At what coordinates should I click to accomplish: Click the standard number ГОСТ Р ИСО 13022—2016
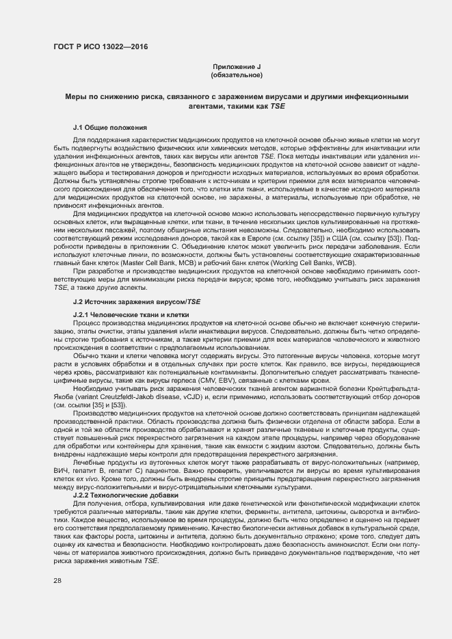click(100, 47)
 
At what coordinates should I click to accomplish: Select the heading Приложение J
click(237, 66)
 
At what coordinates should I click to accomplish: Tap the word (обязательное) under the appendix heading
click(237, 74)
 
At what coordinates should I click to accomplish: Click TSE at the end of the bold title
click(278, 106)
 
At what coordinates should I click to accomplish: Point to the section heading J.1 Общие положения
click(101, 128)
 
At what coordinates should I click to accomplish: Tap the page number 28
click(57, 580)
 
